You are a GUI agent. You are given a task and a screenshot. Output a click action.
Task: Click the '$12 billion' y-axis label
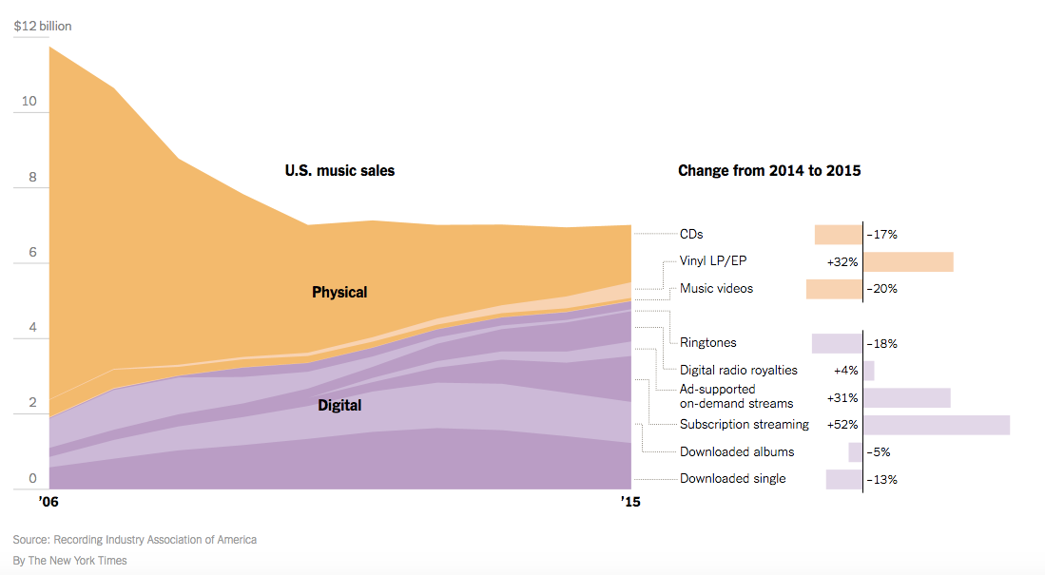(x=43, y=26)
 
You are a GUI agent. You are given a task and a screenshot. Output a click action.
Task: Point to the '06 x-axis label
(x=49, y=500)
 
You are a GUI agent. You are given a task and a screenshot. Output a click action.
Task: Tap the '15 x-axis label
(x=630, y=500)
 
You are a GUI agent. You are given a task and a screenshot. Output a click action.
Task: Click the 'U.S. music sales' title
(x=339, y=171)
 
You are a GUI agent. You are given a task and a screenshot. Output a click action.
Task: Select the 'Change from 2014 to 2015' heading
(x=769, y=171)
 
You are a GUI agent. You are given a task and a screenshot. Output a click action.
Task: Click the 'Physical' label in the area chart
(x=339, y=292)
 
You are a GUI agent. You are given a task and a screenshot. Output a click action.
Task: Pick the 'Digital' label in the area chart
(x=339, y=405)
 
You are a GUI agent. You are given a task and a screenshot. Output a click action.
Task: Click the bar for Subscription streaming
(x=936, y=425)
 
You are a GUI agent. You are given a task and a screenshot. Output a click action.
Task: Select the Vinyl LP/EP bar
(x=908, y=262)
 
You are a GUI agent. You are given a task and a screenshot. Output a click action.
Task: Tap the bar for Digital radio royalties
(x=869, y=371)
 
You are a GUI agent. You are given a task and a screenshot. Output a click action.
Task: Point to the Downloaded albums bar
(x=856, y=452)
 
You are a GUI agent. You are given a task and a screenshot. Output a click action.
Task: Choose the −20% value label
(x=881, y=289)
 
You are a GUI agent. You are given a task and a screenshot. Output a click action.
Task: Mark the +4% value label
(x=847, y=371)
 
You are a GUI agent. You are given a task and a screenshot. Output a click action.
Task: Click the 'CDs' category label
(x=691, y=234)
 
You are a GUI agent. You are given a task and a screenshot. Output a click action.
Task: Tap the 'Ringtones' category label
(x=707, y=343)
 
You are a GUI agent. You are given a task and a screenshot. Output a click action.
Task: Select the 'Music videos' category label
(x=716, y=288)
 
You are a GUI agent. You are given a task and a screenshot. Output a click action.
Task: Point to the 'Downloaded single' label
(x=732, y=479)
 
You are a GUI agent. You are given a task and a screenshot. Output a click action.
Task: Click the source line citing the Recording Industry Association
(x=135, y=540)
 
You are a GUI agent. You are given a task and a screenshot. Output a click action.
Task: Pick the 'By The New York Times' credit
(x=70, y=561)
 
